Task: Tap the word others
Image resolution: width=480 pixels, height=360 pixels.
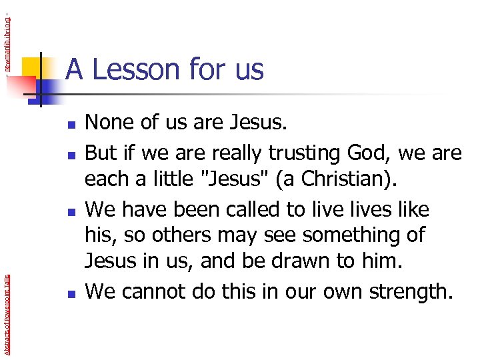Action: (171, 236)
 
